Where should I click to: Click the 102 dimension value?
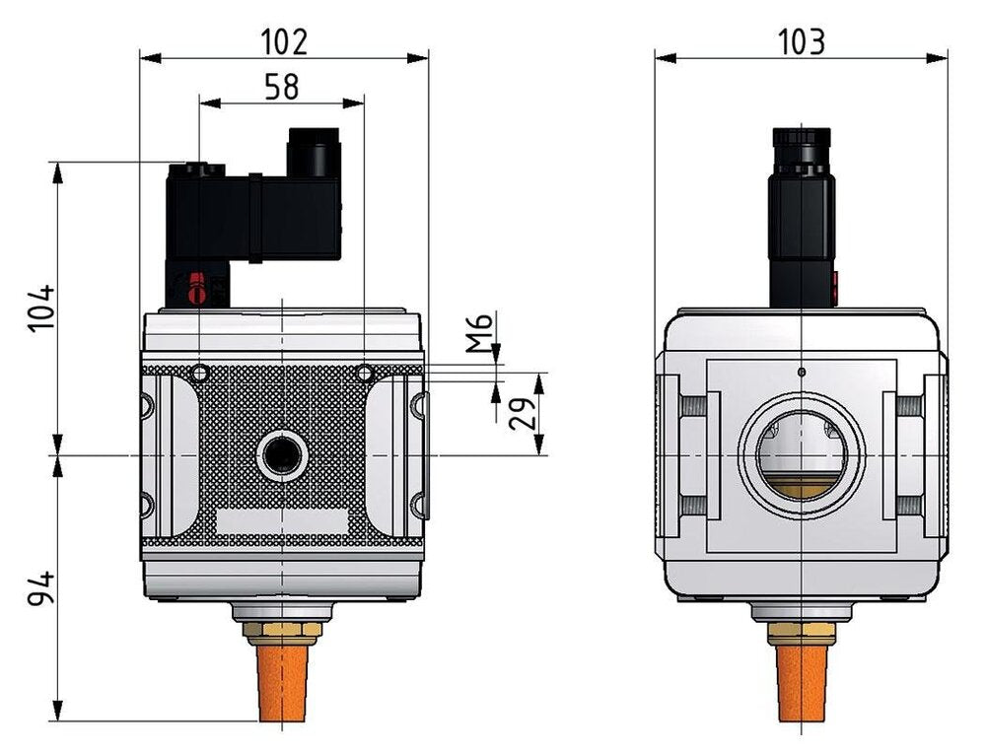coord(284,41)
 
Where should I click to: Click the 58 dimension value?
coord(281,87)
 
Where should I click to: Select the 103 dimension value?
coord(801,41)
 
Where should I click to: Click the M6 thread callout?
coord(478,333)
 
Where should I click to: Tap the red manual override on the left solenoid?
coord(196,289)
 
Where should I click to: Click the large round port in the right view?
coord(802,456)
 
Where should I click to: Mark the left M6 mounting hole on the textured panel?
coord(200,374)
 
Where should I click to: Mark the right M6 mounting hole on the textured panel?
coord(365,374)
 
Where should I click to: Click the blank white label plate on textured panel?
coord(282,521)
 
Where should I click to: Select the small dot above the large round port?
coord(802,372)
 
